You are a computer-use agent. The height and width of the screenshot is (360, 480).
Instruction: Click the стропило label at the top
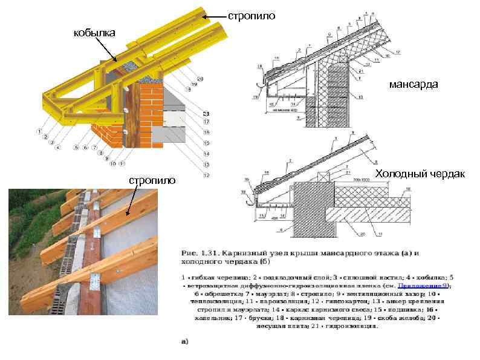click(244, 14)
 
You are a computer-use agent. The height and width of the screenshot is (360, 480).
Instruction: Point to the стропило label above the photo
click(152, 180)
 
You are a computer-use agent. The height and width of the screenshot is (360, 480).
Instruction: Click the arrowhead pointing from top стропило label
click(204, 18)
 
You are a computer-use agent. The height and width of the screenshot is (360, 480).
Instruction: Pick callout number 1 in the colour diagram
click(39, 131)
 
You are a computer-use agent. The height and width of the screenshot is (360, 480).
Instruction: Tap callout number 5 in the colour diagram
click(77, 147)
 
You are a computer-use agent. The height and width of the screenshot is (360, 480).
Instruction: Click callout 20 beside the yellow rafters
click(200, 79)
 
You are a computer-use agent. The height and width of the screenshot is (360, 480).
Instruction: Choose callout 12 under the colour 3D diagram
click(206, 175)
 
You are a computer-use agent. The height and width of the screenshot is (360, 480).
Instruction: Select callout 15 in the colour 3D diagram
click(206, 143)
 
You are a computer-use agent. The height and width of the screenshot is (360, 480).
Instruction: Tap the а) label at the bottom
click(185, 341)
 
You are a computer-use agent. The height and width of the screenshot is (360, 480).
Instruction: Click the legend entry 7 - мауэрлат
click(234, 293)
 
